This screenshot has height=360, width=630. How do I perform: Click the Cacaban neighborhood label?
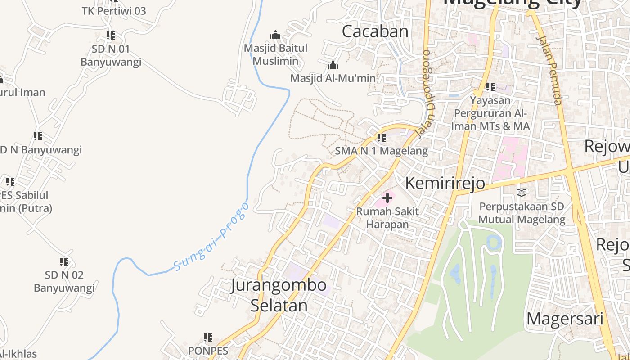click(375, 31)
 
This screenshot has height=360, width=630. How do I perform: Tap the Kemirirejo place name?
click(445, 183)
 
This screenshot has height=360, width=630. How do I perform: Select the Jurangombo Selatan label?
click(279, 295)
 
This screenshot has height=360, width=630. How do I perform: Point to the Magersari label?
click(565, 319)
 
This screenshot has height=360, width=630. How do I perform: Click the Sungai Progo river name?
click(211, 237)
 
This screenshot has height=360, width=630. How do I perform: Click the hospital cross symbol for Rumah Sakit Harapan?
click(387, 198)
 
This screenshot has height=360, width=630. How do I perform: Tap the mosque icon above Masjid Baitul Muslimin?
click(275, 35)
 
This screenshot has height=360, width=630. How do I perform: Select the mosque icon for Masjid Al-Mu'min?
click(333, 65)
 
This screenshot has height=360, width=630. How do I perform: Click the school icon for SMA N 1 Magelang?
click(382, 138)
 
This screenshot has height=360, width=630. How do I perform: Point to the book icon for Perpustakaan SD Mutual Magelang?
click(522, 193)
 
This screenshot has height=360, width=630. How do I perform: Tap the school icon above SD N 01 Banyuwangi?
click(111, 35)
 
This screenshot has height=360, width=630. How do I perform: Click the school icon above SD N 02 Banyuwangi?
click(64, 261)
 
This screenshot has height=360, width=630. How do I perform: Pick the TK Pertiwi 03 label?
click(114, 11)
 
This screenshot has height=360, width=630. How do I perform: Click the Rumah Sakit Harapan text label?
click(387, 218)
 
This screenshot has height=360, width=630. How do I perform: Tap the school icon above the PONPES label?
click(207, 337)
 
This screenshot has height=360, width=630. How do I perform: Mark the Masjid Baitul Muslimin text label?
click(275, 54)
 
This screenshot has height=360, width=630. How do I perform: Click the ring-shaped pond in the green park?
click(494, 243)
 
